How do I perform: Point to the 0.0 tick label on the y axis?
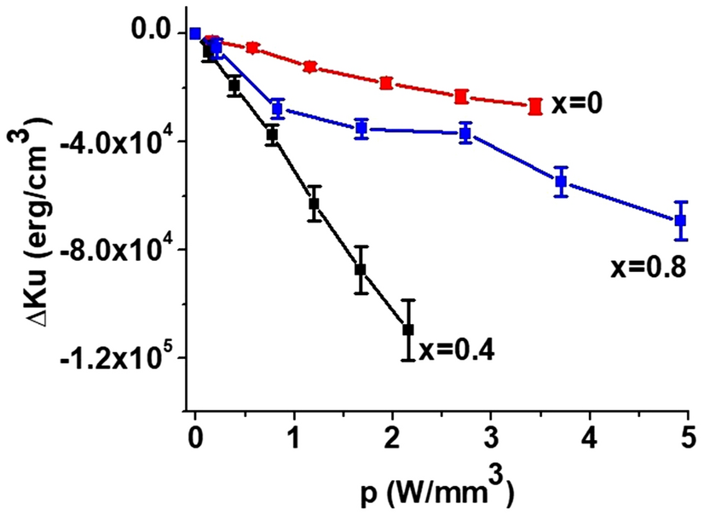[x=153, y=32]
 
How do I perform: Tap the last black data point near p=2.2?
[x=408, y=329]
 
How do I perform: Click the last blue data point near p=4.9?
[x=680, y=220]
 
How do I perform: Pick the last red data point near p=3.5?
[x=535, y=107]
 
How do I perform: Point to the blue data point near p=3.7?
[x=561, y=182]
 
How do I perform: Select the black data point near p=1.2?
[x=314, y=203]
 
